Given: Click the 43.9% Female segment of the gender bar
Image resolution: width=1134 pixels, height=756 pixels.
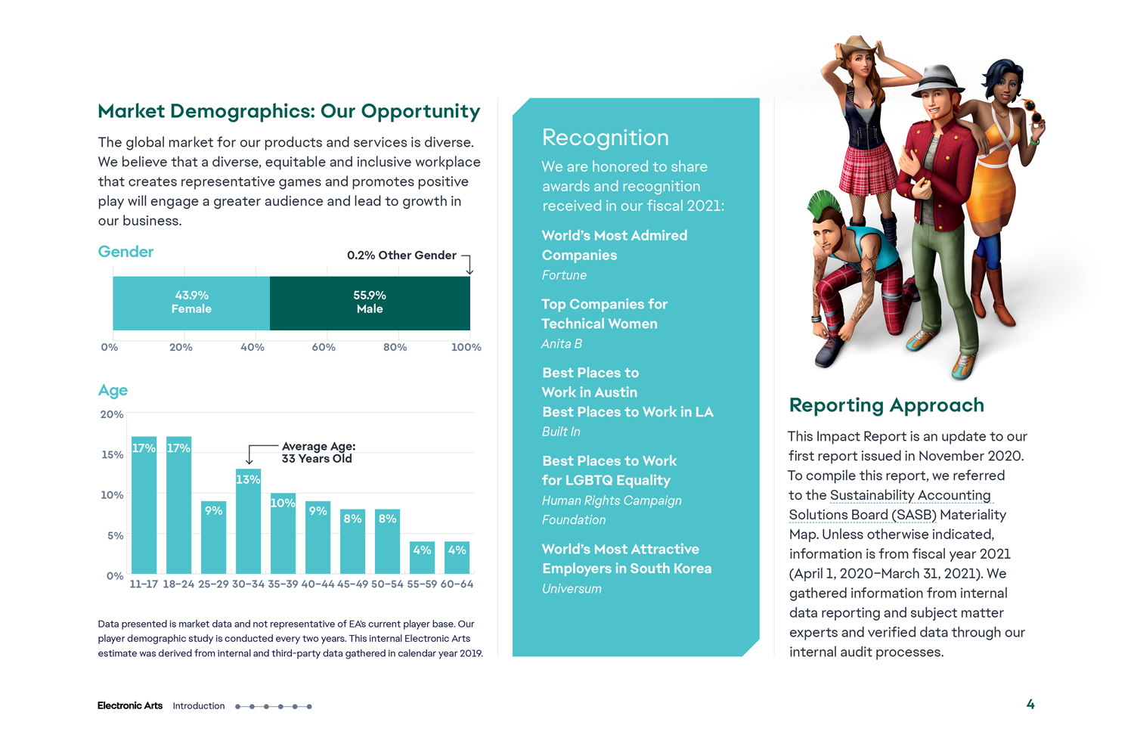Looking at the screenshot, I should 191,302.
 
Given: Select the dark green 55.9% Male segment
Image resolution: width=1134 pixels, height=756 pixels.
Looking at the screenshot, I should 370,302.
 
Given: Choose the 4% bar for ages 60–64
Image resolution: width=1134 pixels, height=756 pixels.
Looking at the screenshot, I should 457,557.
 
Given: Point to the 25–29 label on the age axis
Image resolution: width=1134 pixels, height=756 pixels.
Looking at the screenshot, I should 213,584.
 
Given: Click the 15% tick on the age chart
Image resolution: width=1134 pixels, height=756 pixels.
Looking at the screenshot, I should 112,454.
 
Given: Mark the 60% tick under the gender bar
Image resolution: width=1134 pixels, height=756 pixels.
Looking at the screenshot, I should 324,347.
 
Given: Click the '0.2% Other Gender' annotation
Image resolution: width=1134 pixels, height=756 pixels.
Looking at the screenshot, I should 401,256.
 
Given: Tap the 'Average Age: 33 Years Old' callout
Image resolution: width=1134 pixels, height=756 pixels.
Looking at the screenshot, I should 318,452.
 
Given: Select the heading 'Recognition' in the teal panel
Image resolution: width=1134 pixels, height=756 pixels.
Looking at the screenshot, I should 605,138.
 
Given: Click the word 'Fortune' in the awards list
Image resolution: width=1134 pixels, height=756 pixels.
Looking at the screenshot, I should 564,275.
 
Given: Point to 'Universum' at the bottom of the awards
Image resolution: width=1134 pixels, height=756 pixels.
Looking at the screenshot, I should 572,589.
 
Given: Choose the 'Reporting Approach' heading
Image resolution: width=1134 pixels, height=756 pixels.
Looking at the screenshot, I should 886,405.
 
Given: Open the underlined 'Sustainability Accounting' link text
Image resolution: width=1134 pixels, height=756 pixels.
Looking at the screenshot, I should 910,495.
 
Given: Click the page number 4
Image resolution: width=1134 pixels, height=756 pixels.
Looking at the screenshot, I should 1030,705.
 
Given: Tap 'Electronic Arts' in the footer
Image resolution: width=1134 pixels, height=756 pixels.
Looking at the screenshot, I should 130,706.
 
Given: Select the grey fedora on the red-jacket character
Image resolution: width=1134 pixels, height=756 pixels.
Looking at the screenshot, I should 937,79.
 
